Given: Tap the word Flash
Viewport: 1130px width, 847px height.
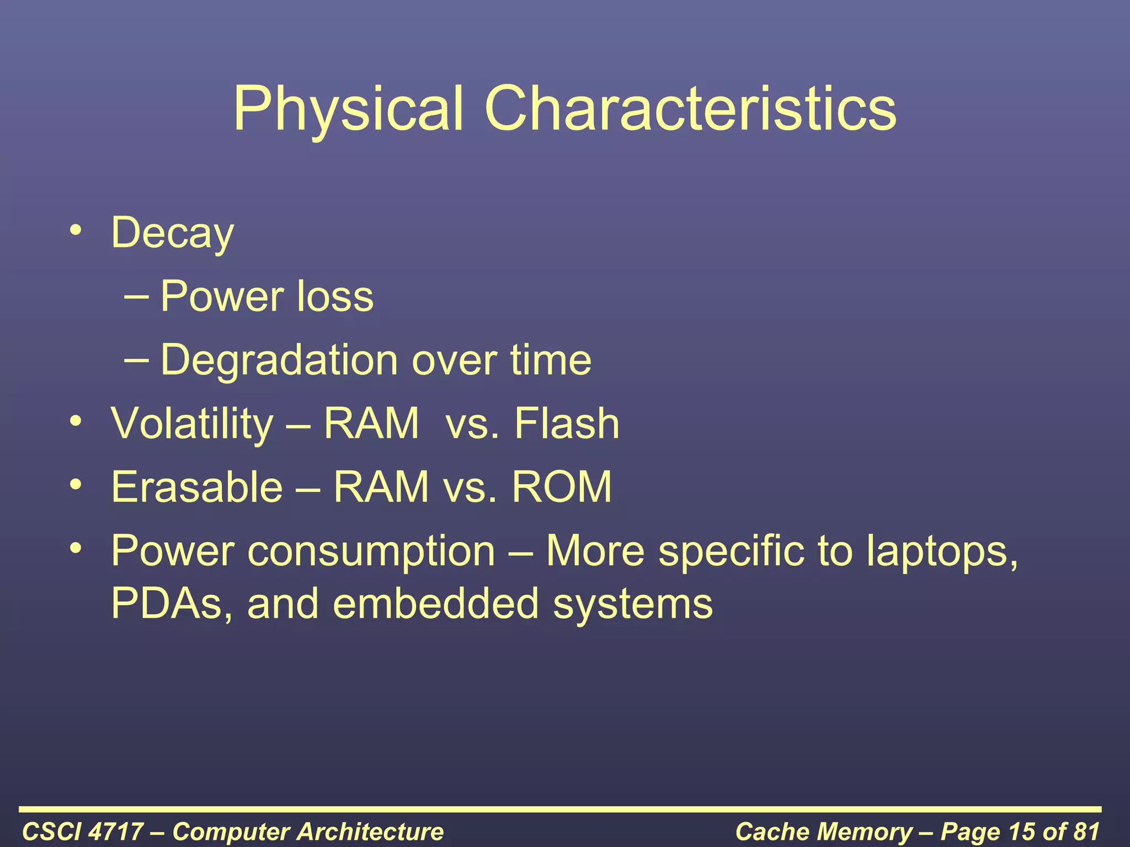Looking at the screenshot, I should [567, 423].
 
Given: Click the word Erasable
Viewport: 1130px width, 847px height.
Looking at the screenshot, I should [197, 487].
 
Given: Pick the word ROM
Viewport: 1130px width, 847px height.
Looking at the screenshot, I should [562, 487].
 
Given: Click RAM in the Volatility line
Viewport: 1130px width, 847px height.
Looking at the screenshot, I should [371, 423].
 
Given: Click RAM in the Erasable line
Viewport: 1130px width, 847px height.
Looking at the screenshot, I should [381, 487].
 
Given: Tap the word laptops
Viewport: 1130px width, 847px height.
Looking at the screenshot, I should [941, 551].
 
